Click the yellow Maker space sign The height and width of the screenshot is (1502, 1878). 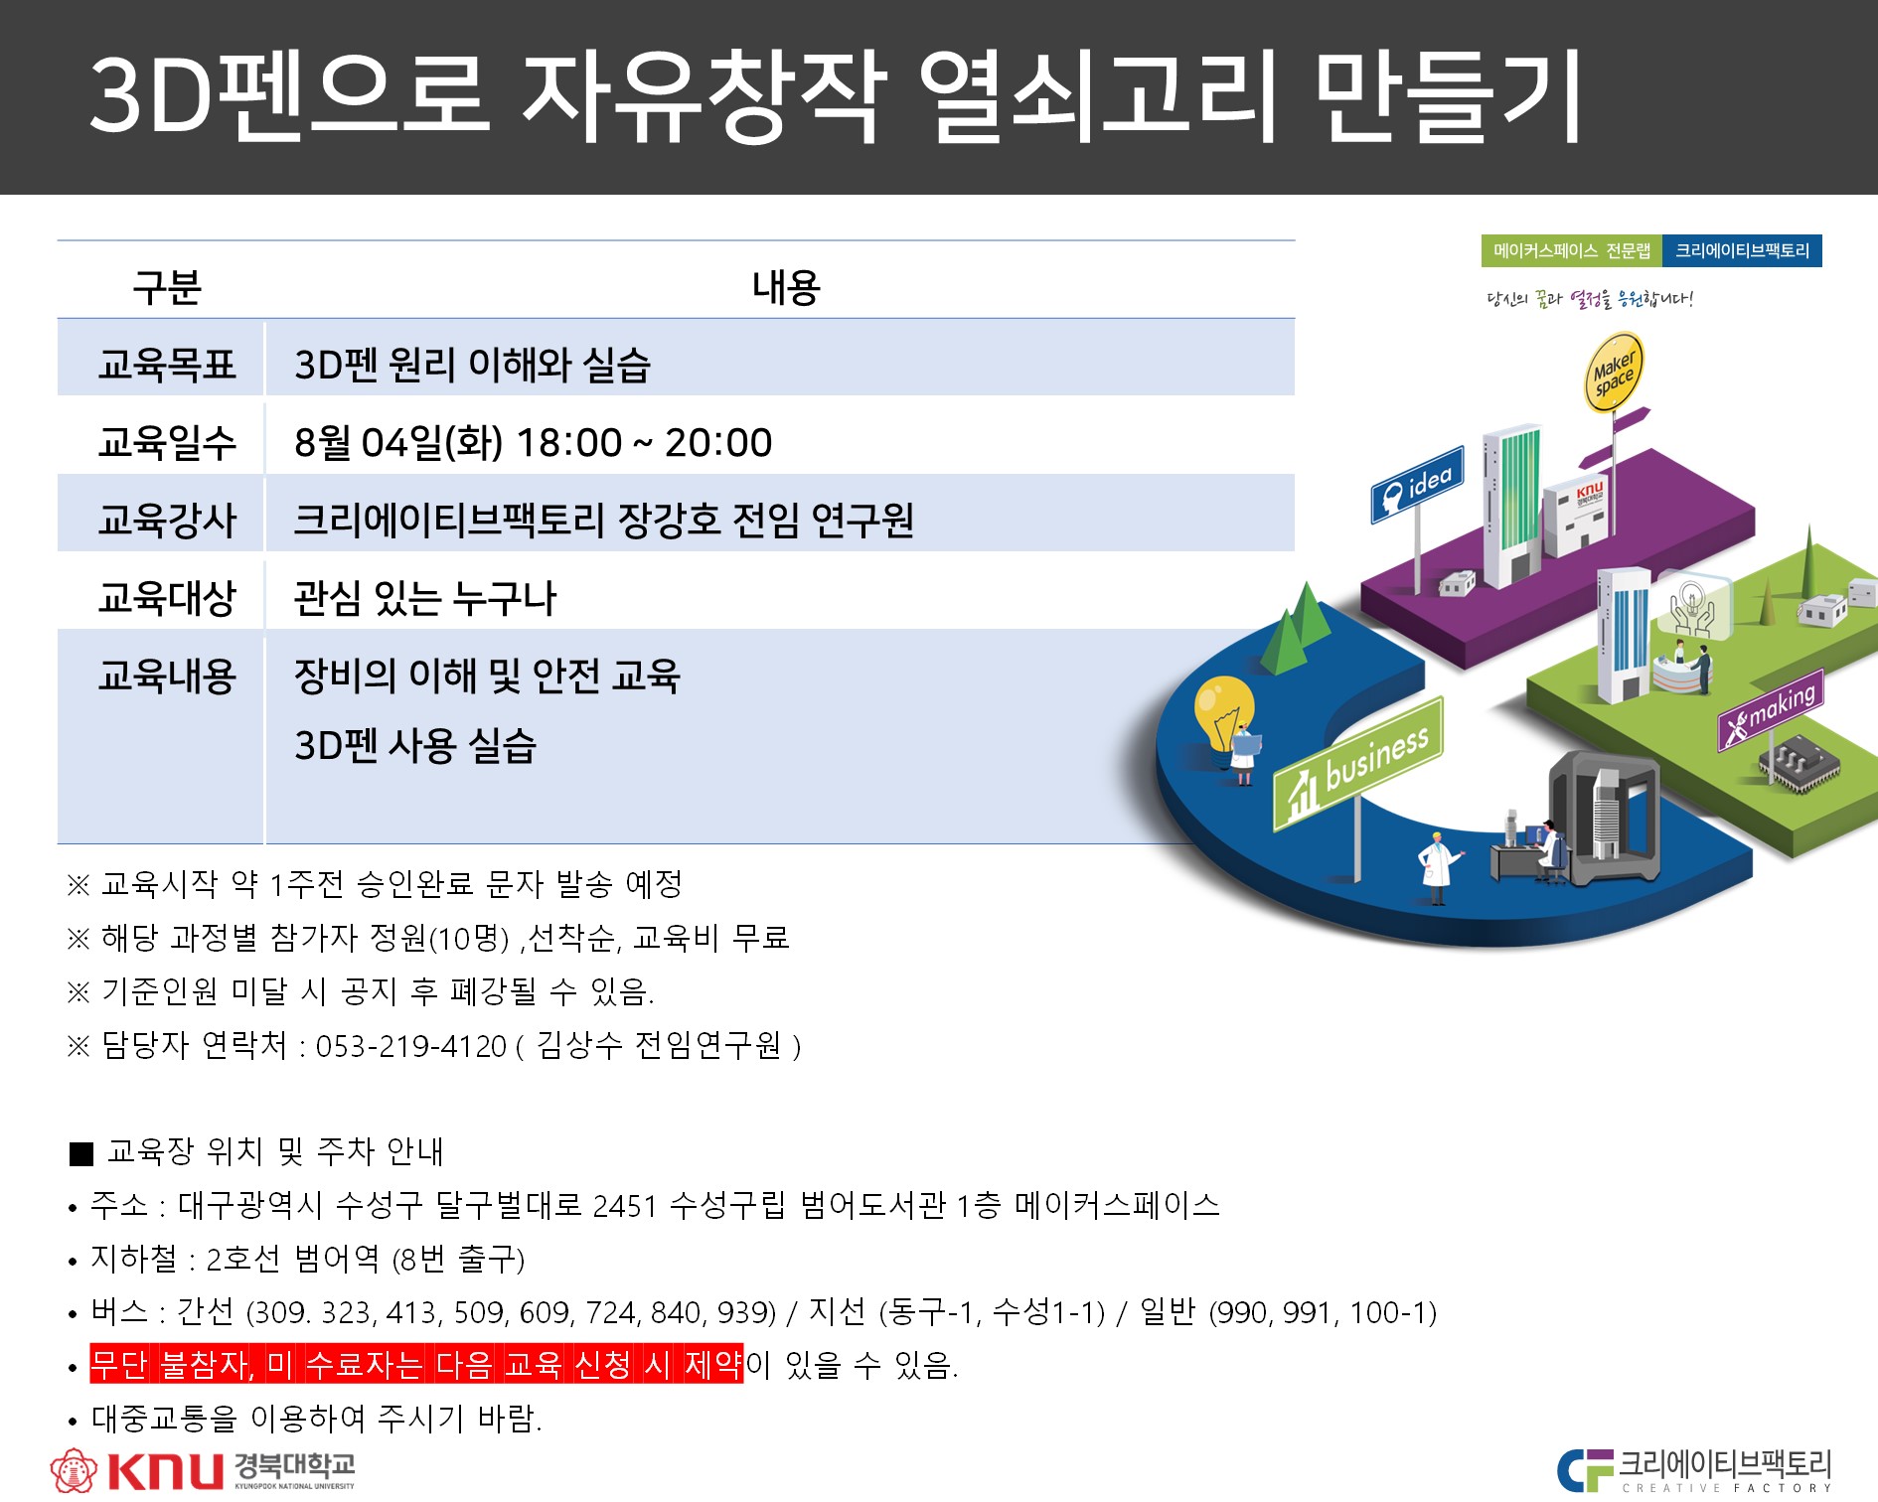[1612, 373]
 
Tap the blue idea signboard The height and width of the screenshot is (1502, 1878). [1418, 487]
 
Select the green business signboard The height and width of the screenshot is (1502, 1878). [1358, 763]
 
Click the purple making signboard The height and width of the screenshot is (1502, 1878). [1771, 709]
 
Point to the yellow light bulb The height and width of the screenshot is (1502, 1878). [1223, 713]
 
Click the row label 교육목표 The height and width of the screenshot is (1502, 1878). [167, 365]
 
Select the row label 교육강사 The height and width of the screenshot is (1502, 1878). [167, 520]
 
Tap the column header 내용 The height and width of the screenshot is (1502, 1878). [786, 287]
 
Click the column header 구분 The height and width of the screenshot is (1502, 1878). [167, 287]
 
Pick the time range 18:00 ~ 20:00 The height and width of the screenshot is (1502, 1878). [644, 443]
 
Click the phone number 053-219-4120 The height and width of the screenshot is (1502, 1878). [411, 1046]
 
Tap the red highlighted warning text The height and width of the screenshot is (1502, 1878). [416, 1364]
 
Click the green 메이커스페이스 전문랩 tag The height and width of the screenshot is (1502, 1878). [1572, 250]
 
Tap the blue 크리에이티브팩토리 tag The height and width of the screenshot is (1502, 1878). [1743, 250]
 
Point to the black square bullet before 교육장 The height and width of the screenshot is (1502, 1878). [80, 1153]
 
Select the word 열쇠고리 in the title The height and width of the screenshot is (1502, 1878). [1096, 97]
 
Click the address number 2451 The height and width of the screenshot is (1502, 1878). [625, 1206]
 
